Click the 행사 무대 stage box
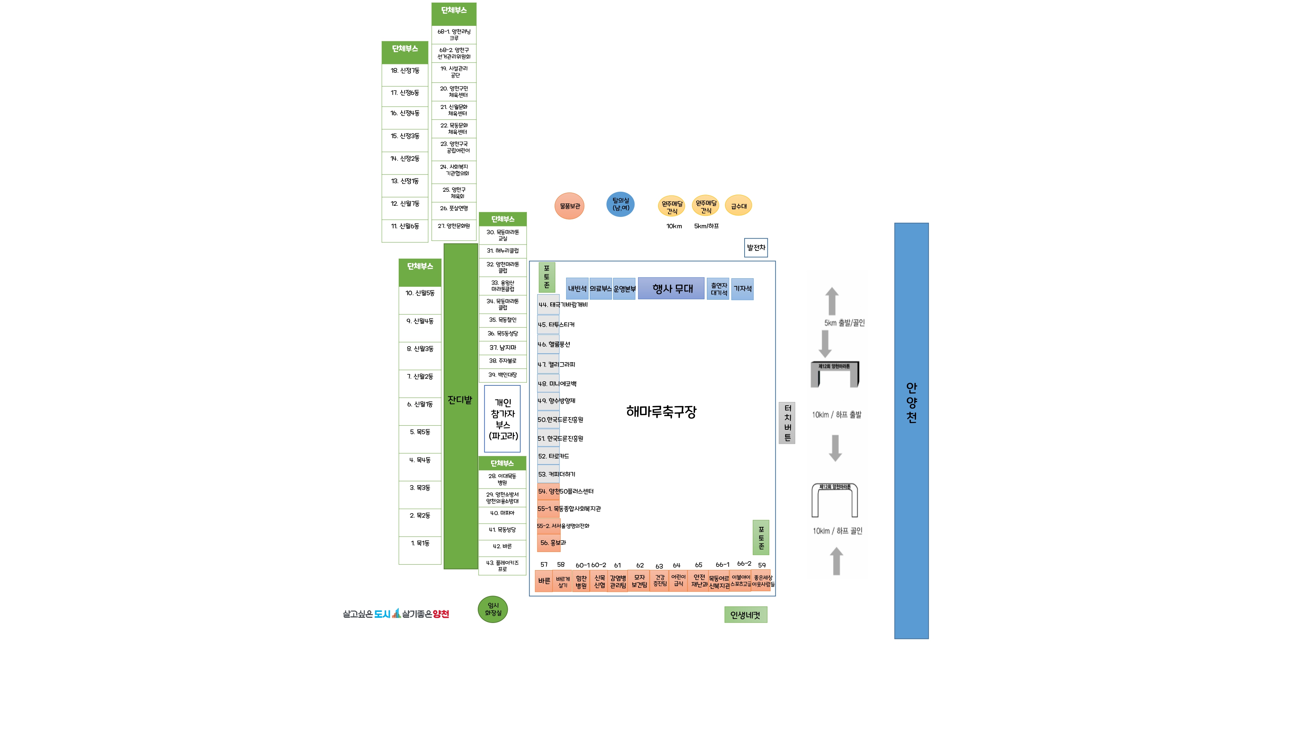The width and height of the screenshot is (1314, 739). point(671,289)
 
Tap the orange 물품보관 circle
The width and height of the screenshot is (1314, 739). point(569,206)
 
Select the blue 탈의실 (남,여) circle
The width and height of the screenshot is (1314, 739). point(620,204)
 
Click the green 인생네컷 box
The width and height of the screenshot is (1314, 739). point(745,615)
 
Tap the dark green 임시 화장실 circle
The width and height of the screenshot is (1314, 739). point(493,609)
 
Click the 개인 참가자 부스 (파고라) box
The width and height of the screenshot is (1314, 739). point(503,419)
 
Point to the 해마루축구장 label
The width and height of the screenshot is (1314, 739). point(661,412)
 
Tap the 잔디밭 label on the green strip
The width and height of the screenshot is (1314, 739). point(460,400)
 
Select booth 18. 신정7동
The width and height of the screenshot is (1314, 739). point(405,71)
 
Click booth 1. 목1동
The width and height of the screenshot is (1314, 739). point(420,544)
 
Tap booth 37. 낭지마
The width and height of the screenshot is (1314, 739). point(503,348)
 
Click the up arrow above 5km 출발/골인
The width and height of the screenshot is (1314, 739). point(832,300)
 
